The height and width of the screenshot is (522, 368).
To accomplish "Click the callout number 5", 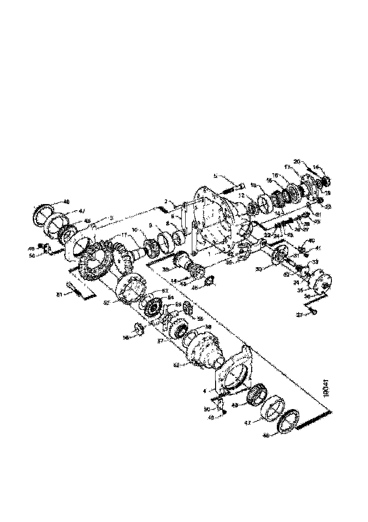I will tap(215, 176).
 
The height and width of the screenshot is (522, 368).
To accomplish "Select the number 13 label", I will tap(253, 185).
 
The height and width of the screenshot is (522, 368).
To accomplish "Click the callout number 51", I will tap(59, 295).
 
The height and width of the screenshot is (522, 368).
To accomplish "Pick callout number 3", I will tap(111, 217).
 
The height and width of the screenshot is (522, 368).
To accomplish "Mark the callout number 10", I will tap(134, 230).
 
